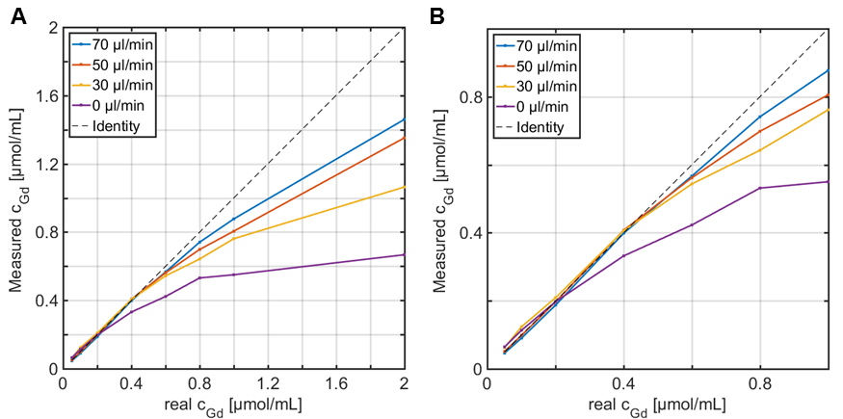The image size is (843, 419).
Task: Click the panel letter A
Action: pyautogui.click(x=18, y=15)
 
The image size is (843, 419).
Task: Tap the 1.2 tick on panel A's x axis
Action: pyautogui.click(x=268, y=383)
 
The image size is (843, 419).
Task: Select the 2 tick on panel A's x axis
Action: pyautogui.click(x=405, y=383)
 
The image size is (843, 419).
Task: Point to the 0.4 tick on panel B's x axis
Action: pyautogui.click(x=626, y=383)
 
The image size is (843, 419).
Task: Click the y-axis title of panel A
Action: pyautogui.click(x=16, y=199)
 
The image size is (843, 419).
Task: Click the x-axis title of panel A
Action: pyautogui.click(x=234, y=405)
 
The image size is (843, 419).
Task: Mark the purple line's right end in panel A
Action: pyautogui.click(x=405, y=254)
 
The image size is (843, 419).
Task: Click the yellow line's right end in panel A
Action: pyautogui.click(x=405, y=187)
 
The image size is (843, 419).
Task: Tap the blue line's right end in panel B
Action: pyautogui.click(x=828, y=70)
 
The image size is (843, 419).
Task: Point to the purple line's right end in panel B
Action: pyautogui.click(x=828, y=181)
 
